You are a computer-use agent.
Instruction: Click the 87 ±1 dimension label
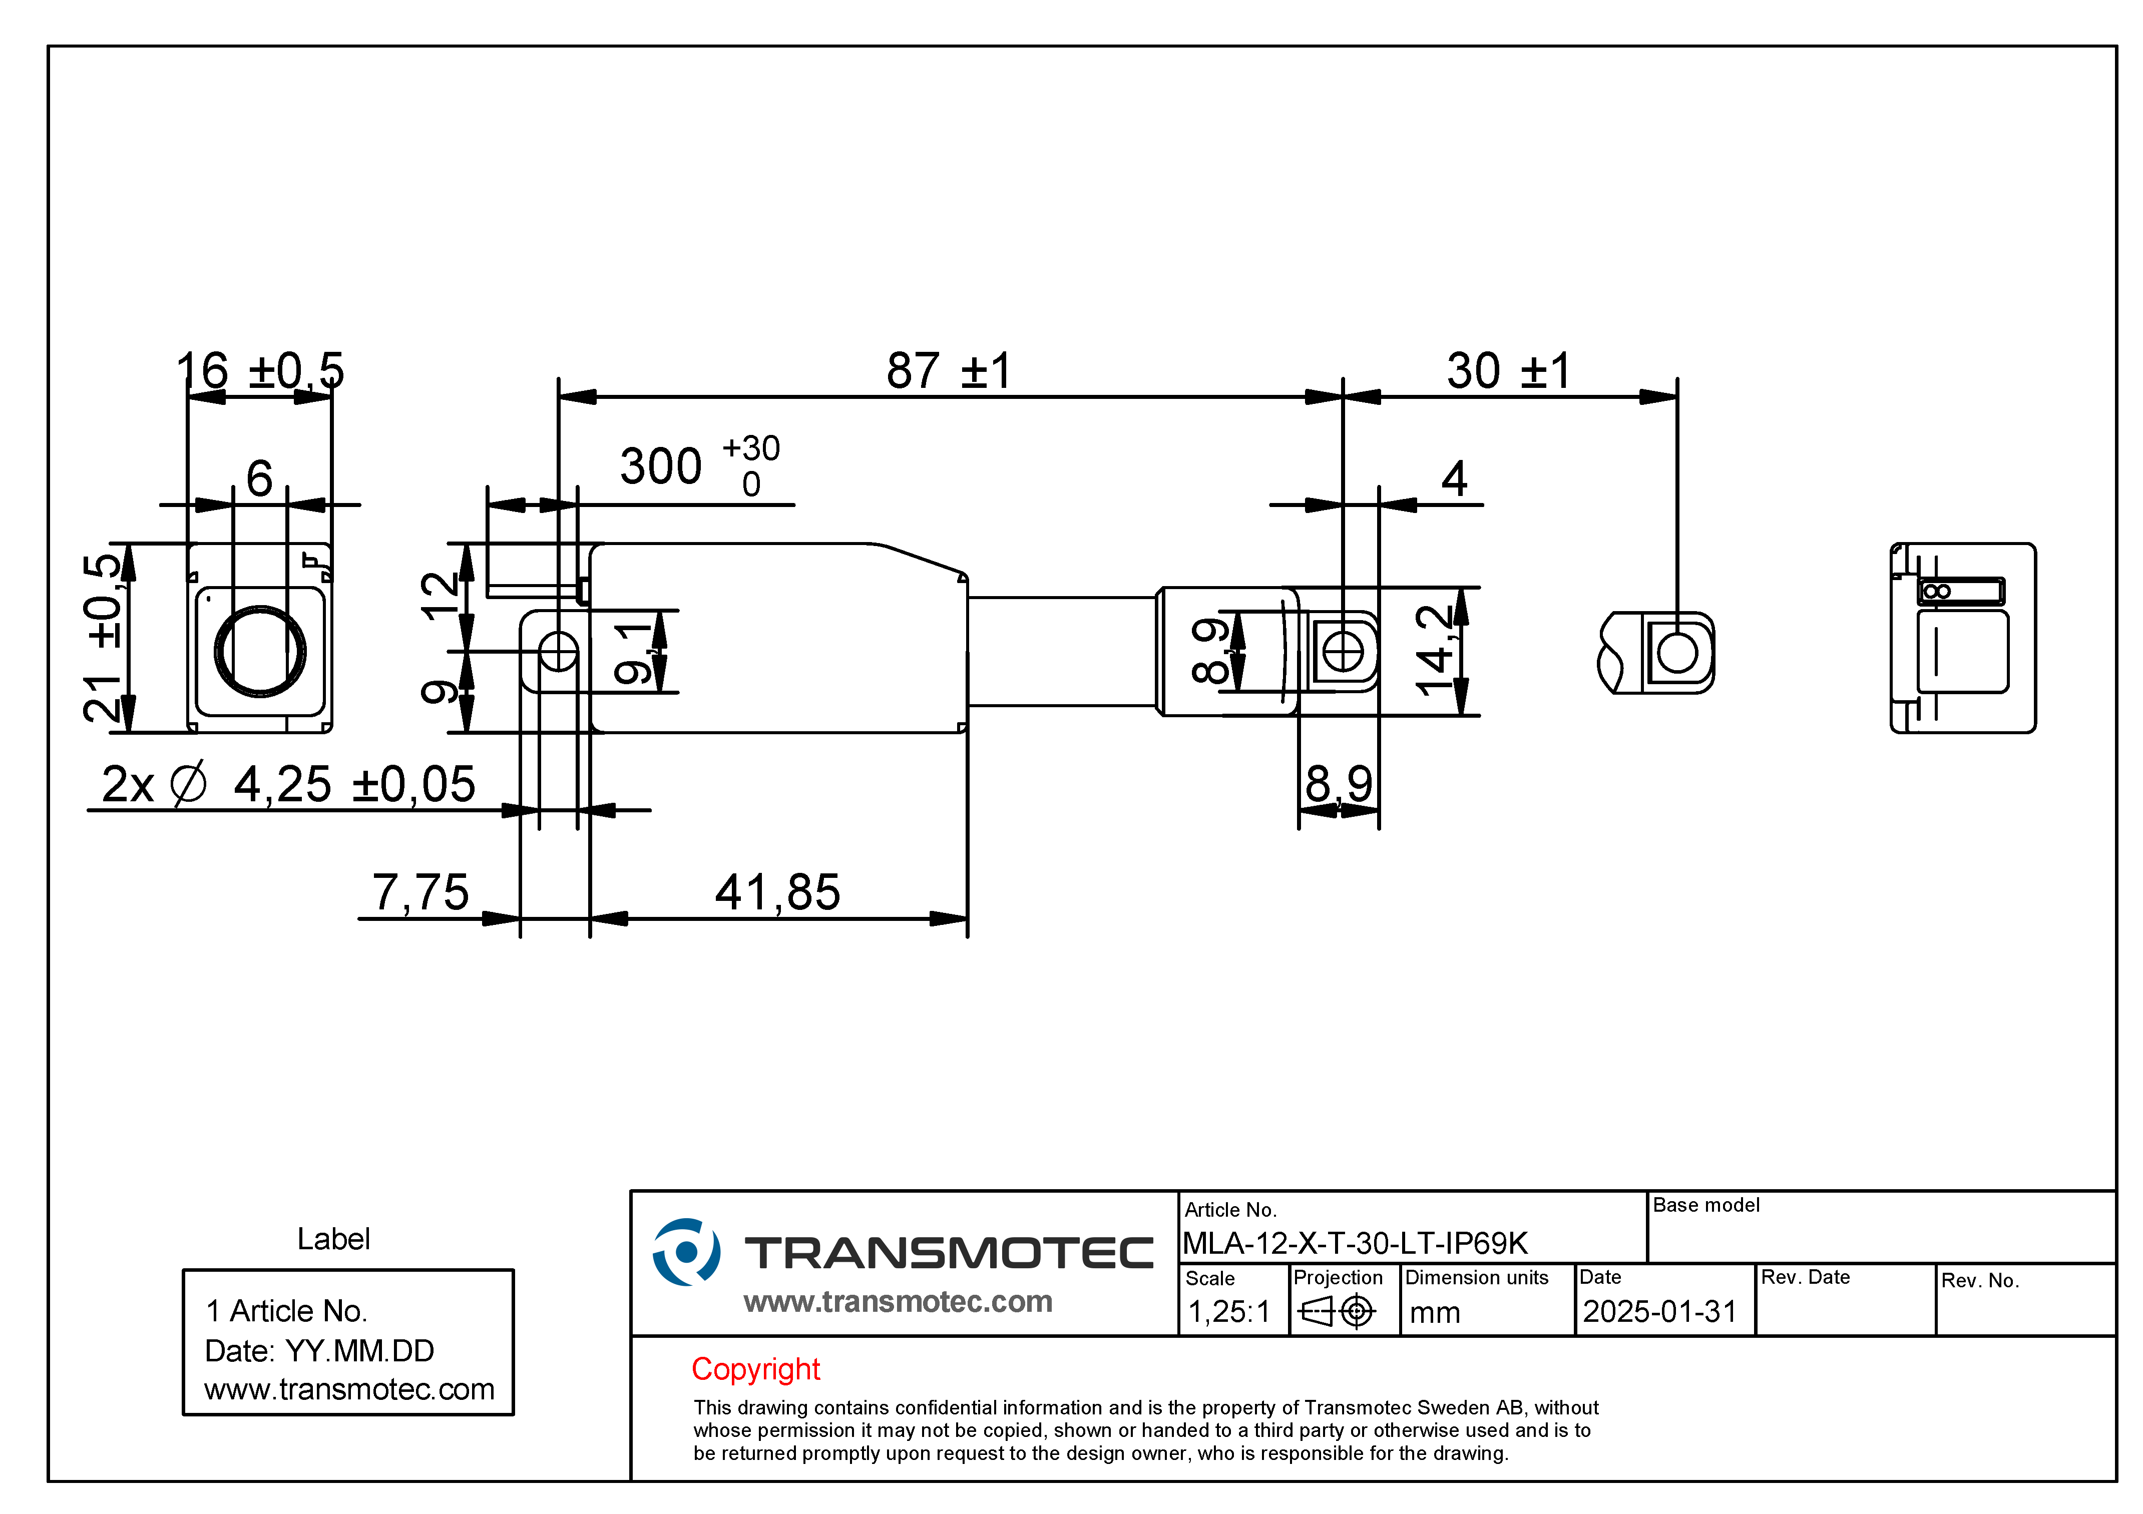pyautogui.click(x=948, y=371)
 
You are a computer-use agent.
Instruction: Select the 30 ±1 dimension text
pyautogui.click(x=1508, y=371)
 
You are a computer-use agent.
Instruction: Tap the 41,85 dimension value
pyautogui.click(x=777, y=892)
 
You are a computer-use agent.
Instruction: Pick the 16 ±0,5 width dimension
pyautogui.click(x=260, y=371)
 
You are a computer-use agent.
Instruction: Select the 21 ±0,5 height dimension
pyautogui.click(x=103, y=639)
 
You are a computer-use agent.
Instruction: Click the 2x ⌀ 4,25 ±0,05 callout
pyautogui.click(x=288, y=784)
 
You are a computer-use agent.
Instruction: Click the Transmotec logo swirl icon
pyautogui.click(x=686, y=1252)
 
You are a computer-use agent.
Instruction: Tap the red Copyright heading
pyautogui.click(x=755, y=1369)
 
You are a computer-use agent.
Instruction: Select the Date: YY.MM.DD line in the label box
pyautogui.click(x=319, y=1351)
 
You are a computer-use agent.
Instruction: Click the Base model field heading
pyautogui.click(x=1706, y=1205)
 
